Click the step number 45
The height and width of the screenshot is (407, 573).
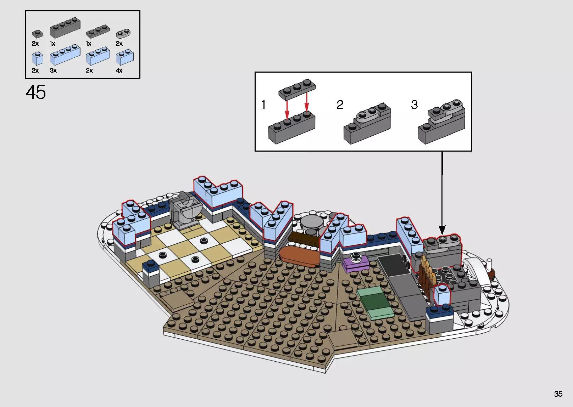pos(35,92)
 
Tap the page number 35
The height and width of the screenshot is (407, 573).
pos(558,394)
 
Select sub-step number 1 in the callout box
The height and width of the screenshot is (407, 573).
pos(263,104)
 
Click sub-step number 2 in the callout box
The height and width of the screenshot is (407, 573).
pos(340,104)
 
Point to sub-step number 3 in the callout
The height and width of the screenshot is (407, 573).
pos(414,104)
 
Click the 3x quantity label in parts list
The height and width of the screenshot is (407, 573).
pos(53,70)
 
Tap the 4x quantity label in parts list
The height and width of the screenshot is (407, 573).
pos(119,70)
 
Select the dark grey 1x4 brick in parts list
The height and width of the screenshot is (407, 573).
pos(65,28)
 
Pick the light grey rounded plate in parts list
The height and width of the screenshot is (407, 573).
pos(123,34)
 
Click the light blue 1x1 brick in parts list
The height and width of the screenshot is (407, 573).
pos(38,58)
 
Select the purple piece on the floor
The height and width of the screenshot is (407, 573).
pos(356,264)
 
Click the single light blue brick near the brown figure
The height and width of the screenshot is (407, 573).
pos(442,294)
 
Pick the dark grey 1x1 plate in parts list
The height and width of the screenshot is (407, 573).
pos(38,34)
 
